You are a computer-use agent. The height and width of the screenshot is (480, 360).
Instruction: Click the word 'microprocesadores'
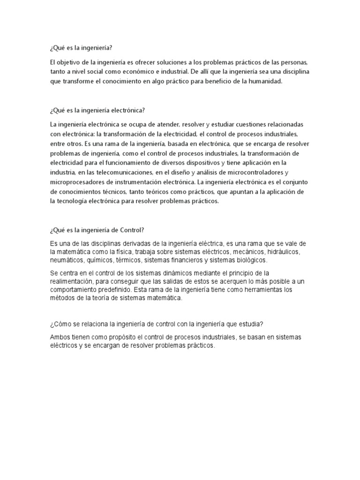point(77,182)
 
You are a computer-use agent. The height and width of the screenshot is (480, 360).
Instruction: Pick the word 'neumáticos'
point(67,260)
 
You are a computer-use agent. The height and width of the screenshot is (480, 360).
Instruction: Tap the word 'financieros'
point(185,260)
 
